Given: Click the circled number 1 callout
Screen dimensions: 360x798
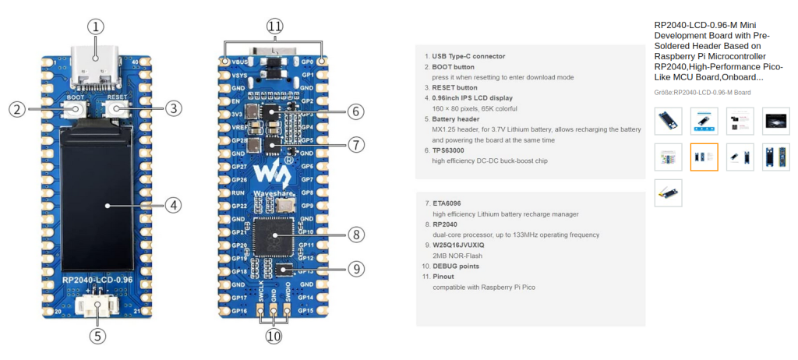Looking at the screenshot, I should [95, 26].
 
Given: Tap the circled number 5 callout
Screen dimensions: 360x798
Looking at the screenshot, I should [97, 337].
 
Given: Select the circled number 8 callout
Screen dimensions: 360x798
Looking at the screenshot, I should [355, 234].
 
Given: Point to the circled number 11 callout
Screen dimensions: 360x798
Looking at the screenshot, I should [274, 26].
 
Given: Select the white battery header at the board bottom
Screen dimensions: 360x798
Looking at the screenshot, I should [97, 306].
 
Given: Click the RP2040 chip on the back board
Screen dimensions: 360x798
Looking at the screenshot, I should [274, 235].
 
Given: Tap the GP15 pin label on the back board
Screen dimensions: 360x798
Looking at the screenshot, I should [307, 311].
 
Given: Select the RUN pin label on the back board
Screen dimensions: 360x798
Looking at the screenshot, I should [239, 192].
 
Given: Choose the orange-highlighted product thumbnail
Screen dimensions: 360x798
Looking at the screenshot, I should [704, 157].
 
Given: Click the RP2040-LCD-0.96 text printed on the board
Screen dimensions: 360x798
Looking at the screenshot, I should [97, 280].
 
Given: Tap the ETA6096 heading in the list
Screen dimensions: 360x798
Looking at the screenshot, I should [447, 203].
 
